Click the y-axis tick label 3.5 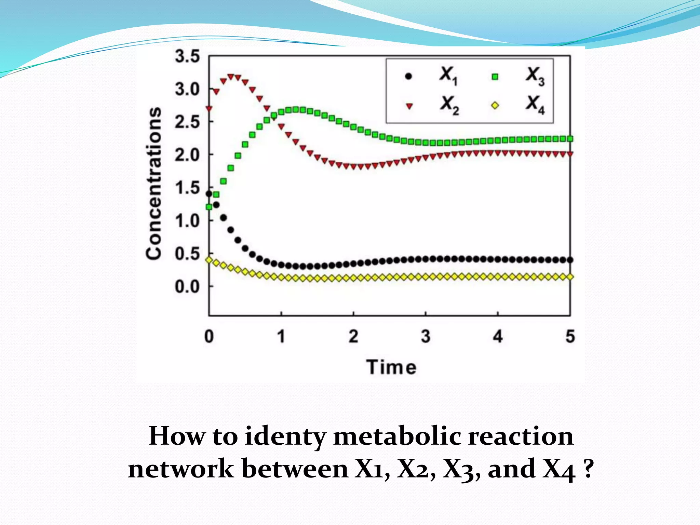click(187, 57)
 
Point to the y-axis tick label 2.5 click(187, 122)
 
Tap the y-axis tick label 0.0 click(187, 287)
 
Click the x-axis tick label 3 click(426, 337)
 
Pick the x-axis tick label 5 click(570, 337)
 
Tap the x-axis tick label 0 click(209, 337)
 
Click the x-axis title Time click(392, 367)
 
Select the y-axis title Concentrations click(153, 183)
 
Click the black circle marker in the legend click(408, 76)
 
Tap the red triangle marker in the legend click(409, 106)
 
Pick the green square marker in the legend click(495, 77)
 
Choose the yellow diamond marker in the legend click(495, 106)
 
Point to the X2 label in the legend click(449, 105)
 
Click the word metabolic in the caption click(397, 437)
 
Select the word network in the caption click(181, 469)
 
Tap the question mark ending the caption click(588, 469)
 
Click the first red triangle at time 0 click(209, 109)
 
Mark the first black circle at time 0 click(209, 194)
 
